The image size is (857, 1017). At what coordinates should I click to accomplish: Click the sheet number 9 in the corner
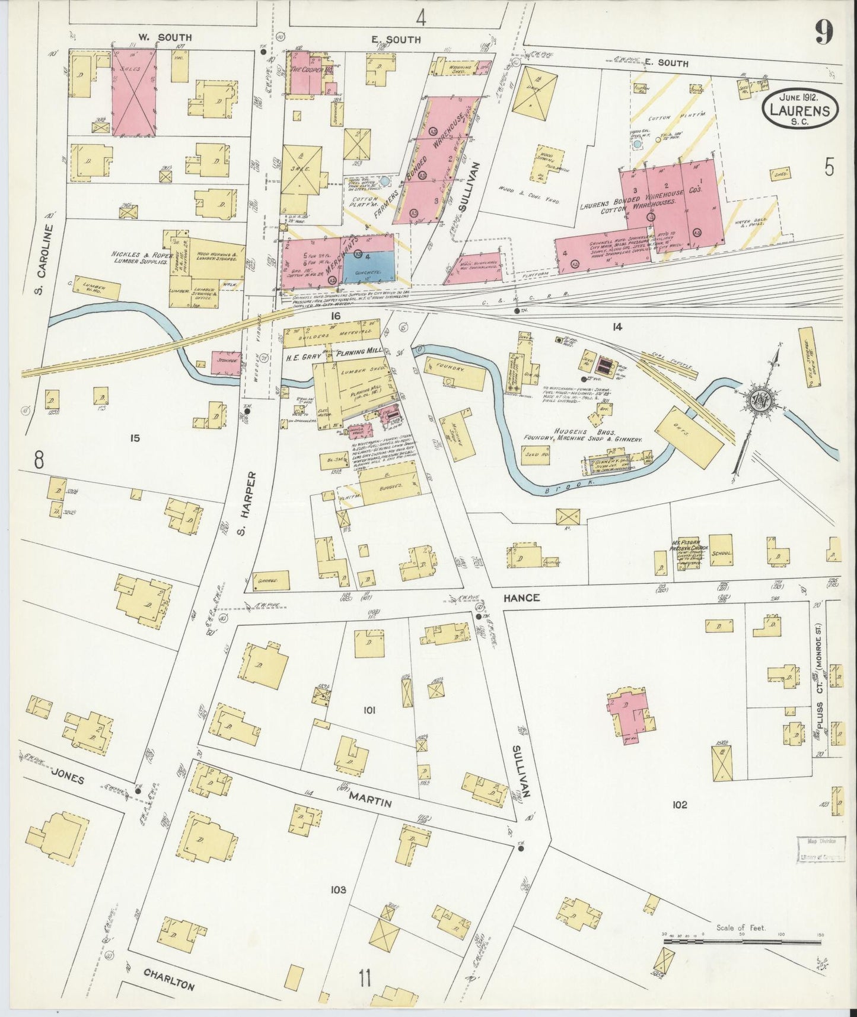[x=823, y=32]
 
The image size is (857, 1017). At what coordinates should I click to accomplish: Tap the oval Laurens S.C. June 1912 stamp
[x=800, y=109]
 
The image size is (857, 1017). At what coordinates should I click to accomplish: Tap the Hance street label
[x=521, y=598]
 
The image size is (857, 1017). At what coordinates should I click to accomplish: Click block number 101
[x=371, y=709]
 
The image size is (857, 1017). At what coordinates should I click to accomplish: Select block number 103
[x=339, y=889]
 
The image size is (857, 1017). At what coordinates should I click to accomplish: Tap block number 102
[x=680, y=805]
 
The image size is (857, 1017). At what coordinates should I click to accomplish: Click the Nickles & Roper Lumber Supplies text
[x=142, y=258]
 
